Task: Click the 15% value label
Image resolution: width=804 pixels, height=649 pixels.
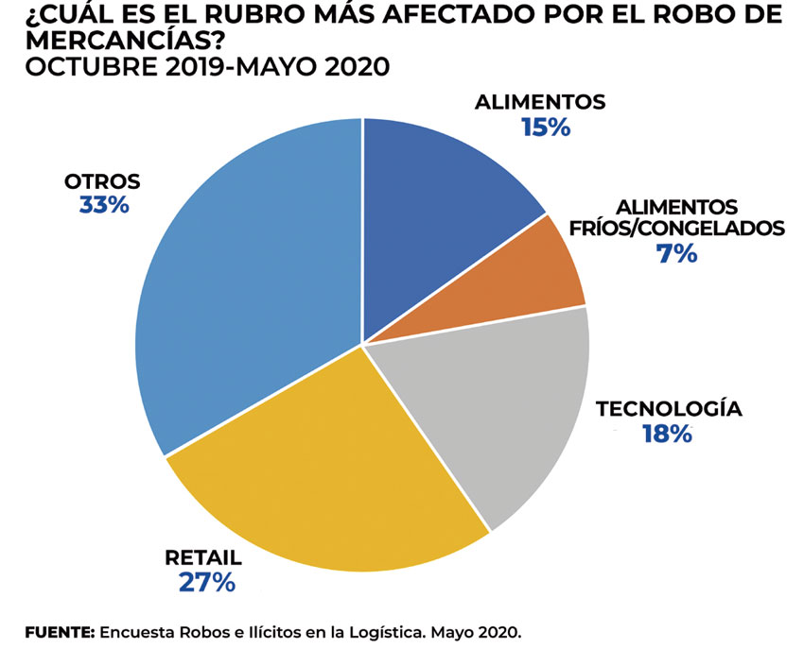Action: [545, 128]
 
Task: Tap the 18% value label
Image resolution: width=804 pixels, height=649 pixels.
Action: [667, 435]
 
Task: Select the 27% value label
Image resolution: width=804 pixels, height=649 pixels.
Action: [206, 581]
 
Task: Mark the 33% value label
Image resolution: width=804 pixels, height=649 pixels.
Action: [104, 204]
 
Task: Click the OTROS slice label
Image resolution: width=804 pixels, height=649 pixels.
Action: [102, 180]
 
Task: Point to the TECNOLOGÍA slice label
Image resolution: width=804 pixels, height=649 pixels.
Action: [668, 409]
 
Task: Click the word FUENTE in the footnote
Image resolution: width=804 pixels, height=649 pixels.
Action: [59, 630]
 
